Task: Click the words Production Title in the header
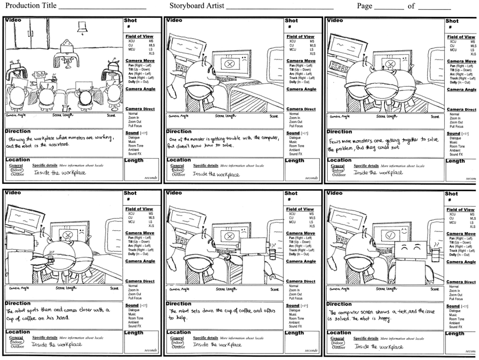30,6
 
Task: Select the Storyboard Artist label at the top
197,6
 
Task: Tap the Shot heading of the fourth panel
130,193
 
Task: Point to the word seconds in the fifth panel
311,350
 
